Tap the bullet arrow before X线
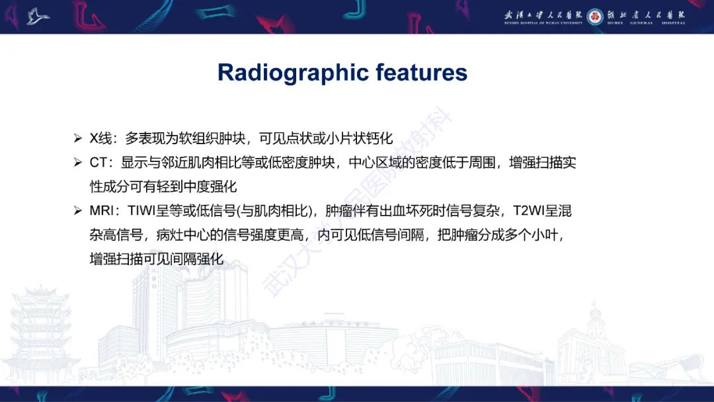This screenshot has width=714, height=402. tap(78, 139)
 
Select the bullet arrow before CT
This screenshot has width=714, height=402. tap(78, 163)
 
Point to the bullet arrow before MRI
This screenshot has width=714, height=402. tap(78, 212)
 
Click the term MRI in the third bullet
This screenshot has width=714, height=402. tap(103, 212)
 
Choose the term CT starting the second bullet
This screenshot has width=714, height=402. tap(98, 163)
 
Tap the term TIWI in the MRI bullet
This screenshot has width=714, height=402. tap(143, 212)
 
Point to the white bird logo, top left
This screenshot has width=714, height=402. tap(38, 16)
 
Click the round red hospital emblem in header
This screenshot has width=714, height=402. tap(594, 16)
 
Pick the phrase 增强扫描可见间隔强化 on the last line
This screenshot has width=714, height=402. tap(157, 260)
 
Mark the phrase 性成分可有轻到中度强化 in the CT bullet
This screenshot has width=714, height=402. tap(163, 187)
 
